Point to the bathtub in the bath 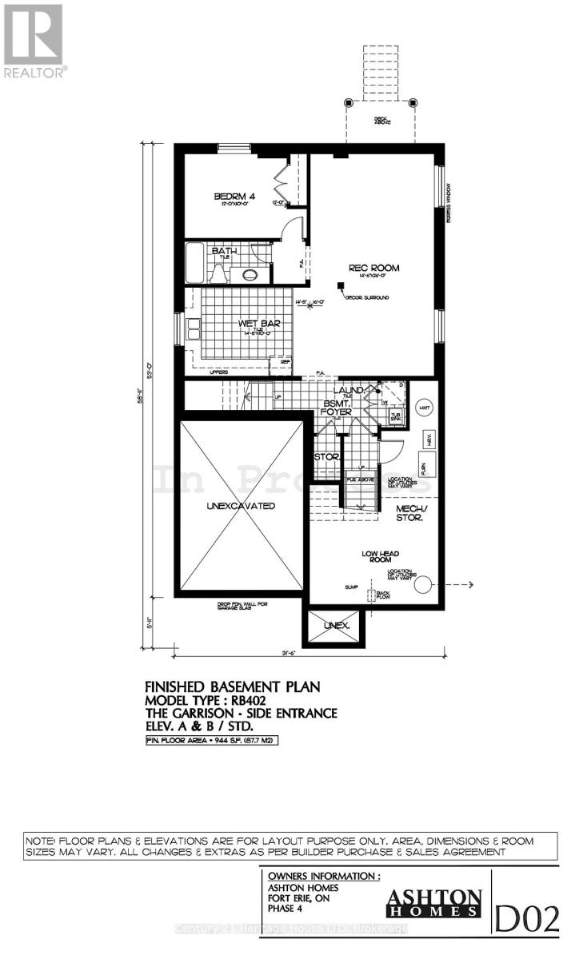coord(194,261)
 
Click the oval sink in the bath coord(250,276)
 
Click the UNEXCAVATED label coord(241,506)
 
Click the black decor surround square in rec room coord(341,285)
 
